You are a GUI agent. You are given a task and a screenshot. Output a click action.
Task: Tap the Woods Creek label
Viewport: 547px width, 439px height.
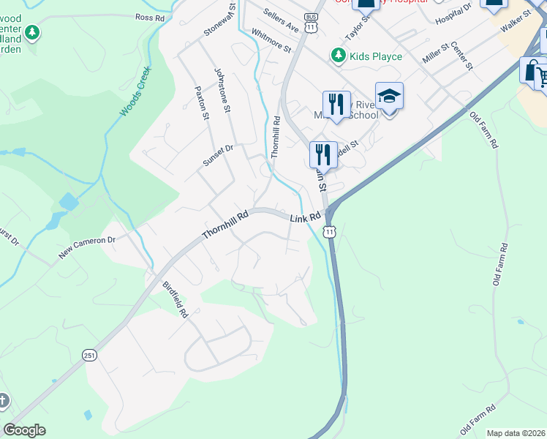point(135,91)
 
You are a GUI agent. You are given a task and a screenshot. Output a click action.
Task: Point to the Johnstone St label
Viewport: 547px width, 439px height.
point(222,91)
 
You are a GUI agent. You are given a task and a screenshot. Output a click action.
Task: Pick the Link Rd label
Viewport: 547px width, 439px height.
point(306,218)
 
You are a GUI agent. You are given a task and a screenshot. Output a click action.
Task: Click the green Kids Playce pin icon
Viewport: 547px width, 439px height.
point(338,56)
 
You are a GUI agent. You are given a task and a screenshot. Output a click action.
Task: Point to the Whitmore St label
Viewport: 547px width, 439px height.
point(271,40)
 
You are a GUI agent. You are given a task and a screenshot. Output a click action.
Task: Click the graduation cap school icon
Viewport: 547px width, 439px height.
point(389,96)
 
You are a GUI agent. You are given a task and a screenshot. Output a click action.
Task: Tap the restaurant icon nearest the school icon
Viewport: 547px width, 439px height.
point(336,104)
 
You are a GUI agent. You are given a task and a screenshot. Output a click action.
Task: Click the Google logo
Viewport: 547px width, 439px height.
point(25,430)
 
